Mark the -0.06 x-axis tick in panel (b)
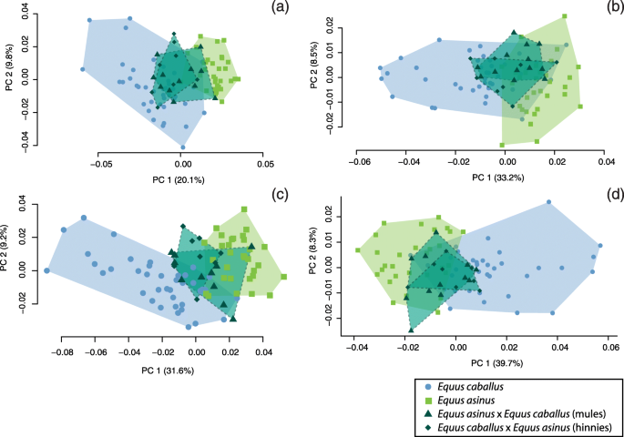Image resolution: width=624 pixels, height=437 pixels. pyautogui.click(x=360, y=162)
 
